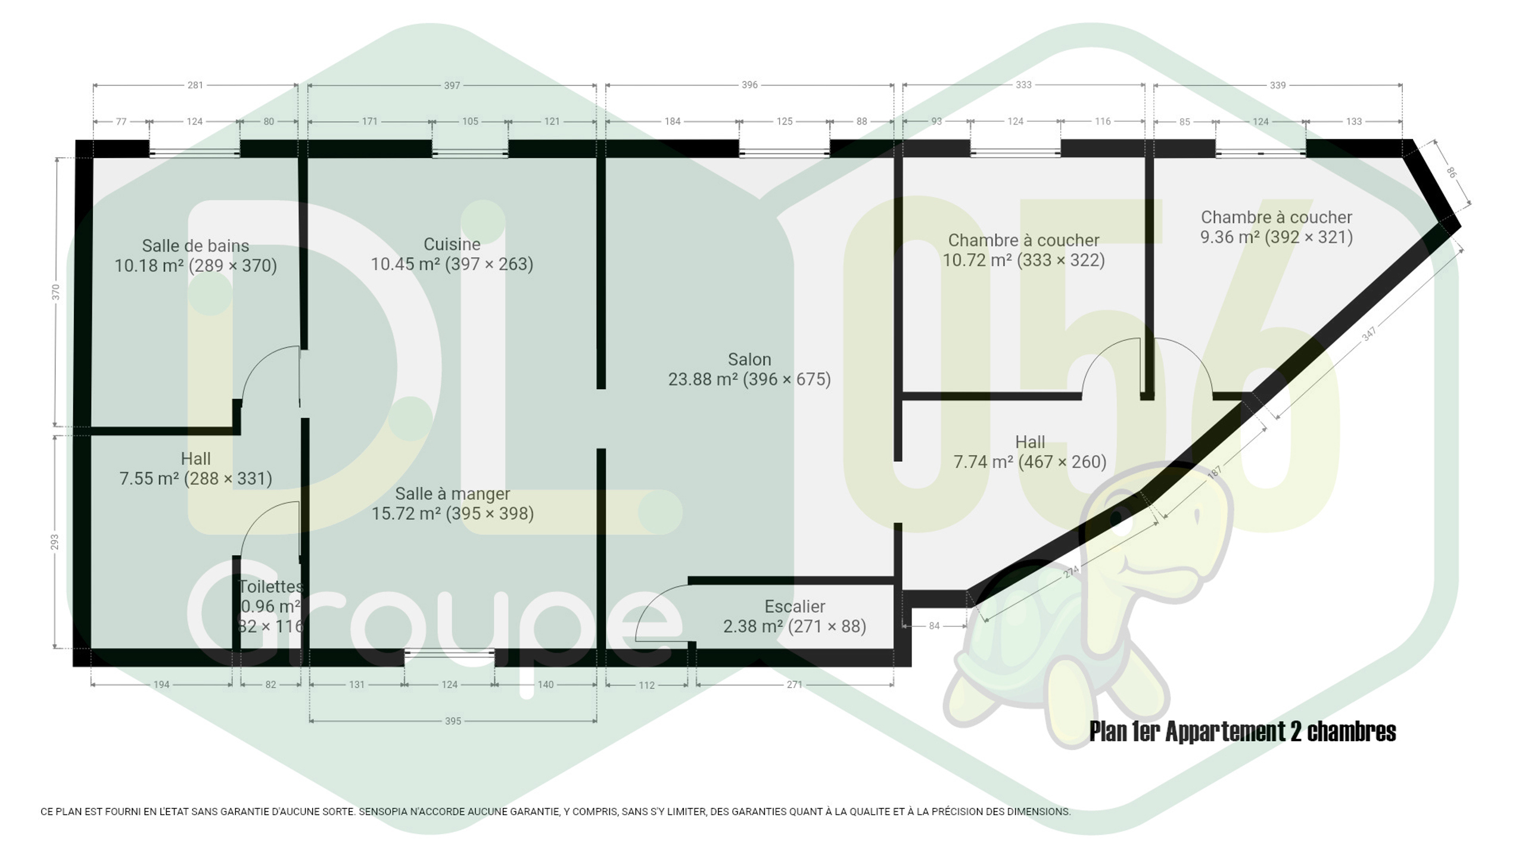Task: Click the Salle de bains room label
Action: click(195, 245)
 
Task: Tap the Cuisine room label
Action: click(452, 244)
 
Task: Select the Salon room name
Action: click(749, 359)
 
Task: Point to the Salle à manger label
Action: click(452, 493)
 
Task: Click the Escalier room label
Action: click(795, 607)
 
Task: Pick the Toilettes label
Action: click(271, 586)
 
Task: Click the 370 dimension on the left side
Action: click(55, 292)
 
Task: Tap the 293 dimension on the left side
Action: click(55, 542)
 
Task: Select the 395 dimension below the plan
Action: click(453, 721)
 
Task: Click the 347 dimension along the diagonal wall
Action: click(1369, 334)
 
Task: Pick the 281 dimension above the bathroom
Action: click(195, 85)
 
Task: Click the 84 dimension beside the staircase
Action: click(934, 626)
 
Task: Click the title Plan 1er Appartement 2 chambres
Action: click(1243, 731)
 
